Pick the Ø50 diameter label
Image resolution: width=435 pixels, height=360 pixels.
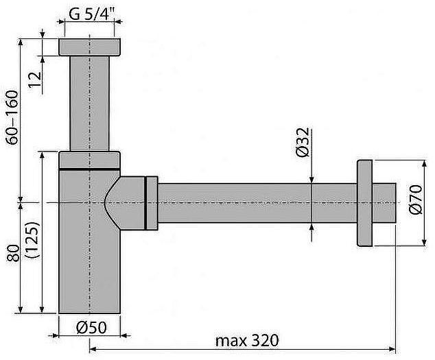point(91,327)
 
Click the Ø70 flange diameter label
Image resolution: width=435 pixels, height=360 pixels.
point(414,201)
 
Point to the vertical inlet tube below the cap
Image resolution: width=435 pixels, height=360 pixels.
point(90,103)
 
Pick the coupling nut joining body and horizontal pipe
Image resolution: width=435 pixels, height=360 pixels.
point(150,203)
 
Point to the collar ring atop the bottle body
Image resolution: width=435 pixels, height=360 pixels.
point(90,160)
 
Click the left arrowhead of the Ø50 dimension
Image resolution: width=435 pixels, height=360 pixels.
point(61,336)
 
